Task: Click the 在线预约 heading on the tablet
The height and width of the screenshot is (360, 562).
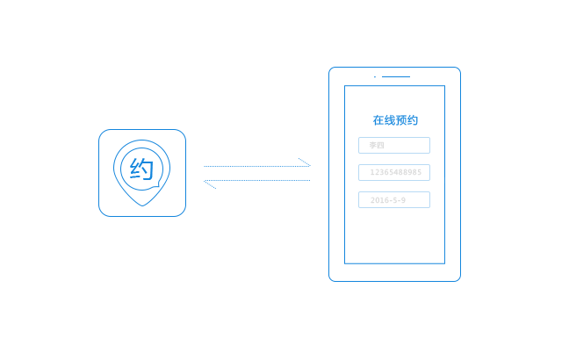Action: (395, 120)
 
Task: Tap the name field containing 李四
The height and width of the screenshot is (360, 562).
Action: (394, 146)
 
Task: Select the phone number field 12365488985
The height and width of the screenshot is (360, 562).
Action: (394, 173)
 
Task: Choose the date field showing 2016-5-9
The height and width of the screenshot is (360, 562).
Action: (394, 200)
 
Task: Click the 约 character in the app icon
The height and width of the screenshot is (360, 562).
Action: (142, 169)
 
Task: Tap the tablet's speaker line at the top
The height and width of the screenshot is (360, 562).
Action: (396, 76)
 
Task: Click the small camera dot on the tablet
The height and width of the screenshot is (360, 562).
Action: (375, 76)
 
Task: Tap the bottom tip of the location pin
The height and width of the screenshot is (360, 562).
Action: (142, 206)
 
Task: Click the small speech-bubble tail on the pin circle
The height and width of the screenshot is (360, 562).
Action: (156, 184)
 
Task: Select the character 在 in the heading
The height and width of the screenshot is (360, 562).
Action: (378, 120)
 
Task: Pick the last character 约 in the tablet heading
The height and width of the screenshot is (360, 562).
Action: (413, 120)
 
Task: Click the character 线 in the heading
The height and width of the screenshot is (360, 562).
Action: (390, 120)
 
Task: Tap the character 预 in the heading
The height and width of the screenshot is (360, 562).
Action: (401, 120)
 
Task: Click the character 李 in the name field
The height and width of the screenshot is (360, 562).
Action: (373, 146)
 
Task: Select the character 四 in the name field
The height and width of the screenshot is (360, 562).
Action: (380, 146)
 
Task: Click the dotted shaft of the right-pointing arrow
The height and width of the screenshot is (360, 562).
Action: (256, 166)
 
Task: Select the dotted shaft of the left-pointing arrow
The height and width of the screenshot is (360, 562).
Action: (256, 181)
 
